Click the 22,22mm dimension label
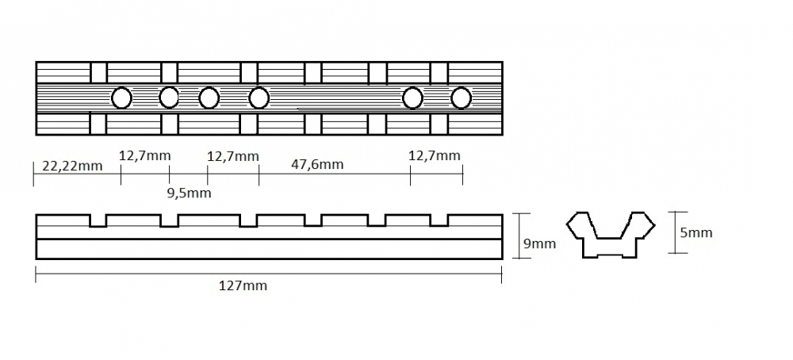click(x=72, y=166)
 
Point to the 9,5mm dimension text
click(x=190, y=193)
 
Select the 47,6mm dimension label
click(x=317, y=164)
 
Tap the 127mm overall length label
click(x=243, y=285)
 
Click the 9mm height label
click(x=539, y=243)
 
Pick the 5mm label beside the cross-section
click(x=696, y=232)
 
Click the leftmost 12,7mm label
click(x=145, y=155)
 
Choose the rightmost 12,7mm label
click(x=435, y=155)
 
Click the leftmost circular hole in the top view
click(x=121, y=98)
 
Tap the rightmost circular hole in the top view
click(x=461, y=98)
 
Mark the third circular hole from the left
click(x=209, y=98)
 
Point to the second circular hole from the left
click(x=169, y=98)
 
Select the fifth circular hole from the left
click(x=412, y=98)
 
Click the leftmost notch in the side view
click(x=98, y=220)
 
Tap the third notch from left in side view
click(x=248, y=220)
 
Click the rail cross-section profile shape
click(x=611, y=235)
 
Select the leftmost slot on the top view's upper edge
click(x=98, y=72)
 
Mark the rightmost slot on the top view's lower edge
click(x=439, y=124)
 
